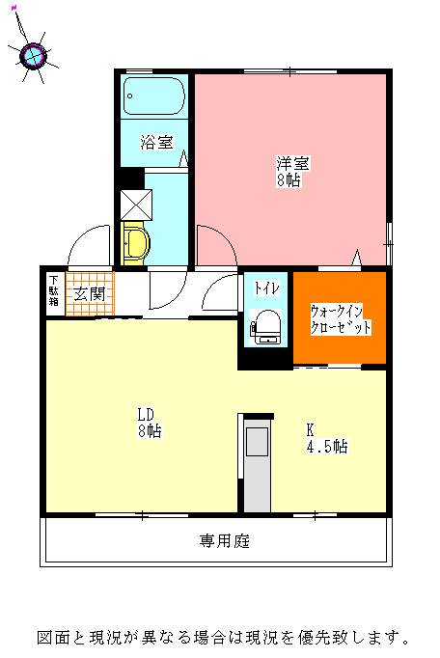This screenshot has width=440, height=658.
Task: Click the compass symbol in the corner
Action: tap(33, 55)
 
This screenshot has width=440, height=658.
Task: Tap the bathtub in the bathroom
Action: tap(154, 96)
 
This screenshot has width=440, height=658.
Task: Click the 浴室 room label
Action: tap(156, 142)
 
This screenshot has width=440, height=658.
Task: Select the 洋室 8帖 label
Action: tap(292, 171)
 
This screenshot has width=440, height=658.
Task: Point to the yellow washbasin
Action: tap(135, 244)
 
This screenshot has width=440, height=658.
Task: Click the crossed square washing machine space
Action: tap(136, 205)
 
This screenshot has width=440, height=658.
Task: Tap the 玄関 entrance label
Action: tap(90, 293)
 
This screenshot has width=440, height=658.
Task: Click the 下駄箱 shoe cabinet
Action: tap(54, 290)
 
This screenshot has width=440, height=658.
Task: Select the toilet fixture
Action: tap(265, 327)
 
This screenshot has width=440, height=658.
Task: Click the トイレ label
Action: tap(266, 288)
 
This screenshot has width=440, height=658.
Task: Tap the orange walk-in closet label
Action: tap(341, 319)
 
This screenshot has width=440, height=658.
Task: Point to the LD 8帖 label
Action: tap(150, 423)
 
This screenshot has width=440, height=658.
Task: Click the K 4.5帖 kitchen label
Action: tap(327, 439)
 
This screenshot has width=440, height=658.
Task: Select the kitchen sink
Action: tap(257, 442)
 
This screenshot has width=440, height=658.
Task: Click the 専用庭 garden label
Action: tap(225, 541)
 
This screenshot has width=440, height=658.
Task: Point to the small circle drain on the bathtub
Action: tap(129, 96)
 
